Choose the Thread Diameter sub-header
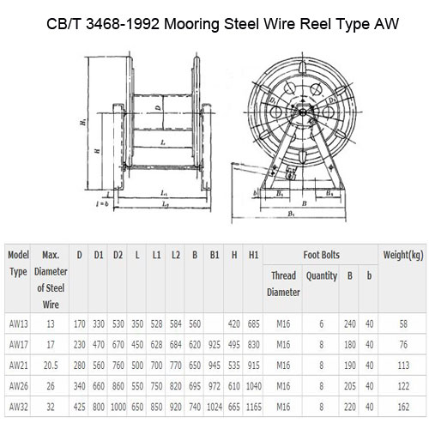pos(284,284)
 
